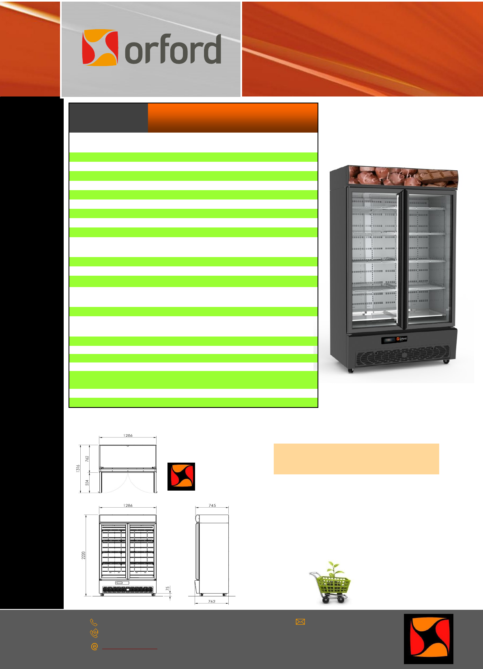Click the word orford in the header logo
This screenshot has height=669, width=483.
[x=173, y=50]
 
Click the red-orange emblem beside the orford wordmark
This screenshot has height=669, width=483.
[x=100, y=47]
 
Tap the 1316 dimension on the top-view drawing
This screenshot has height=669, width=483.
[x=78, y=468]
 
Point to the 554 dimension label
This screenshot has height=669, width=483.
[x=87, y=482]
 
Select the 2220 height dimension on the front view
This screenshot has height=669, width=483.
[x=84, y=555]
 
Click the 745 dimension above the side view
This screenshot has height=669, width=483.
[x=212, y=506]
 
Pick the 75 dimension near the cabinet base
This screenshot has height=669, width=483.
[x=167, y=588]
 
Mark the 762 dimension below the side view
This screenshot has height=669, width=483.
[x=212, y=601]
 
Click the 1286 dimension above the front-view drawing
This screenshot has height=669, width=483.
[x=128, y=506]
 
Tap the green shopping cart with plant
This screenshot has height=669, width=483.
[x=331, y=583]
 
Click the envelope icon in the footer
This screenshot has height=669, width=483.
[x=300, y=622]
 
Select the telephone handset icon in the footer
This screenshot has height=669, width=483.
[x=94, y=622]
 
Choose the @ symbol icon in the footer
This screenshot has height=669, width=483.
[x=94, y=647]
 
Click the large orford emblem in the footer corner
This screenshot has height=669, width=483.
[x=428, y=639]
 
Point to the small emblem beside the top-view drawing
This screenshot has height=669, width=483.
[x=181, y=476]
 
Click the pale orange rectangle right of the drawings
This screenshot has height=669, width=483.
[x=356, y=459]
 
